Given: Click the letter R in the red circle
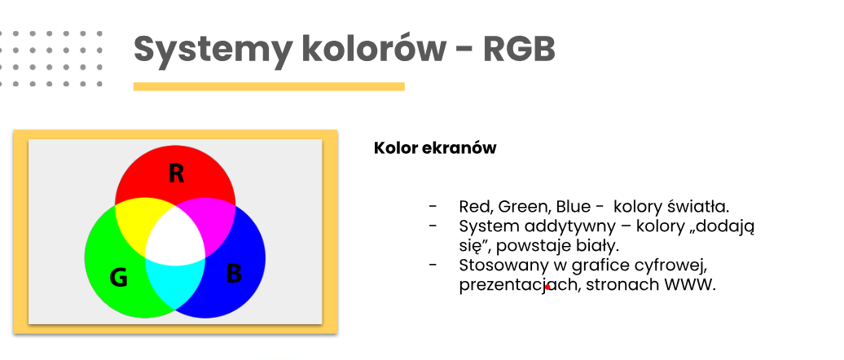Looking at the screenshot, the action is click(x=176, y=173).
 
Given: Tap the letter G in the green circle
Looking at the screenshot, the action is click(x=118, y=278).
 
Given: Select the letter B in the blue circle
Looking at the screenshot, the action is click(x=234, y=274).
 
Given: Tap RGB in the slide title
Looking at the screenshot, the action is click(x=519, y=49).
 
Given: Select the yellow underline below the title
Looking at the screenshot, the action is click(x=269, y=86).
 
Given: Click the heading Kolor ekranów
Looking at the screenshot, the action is click(x=435, y=148).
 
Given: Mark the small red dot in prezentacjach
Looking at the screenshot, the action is click(x=547, y=288).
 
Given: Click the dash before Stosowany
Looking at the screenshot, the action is click(x=433, y=265).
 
